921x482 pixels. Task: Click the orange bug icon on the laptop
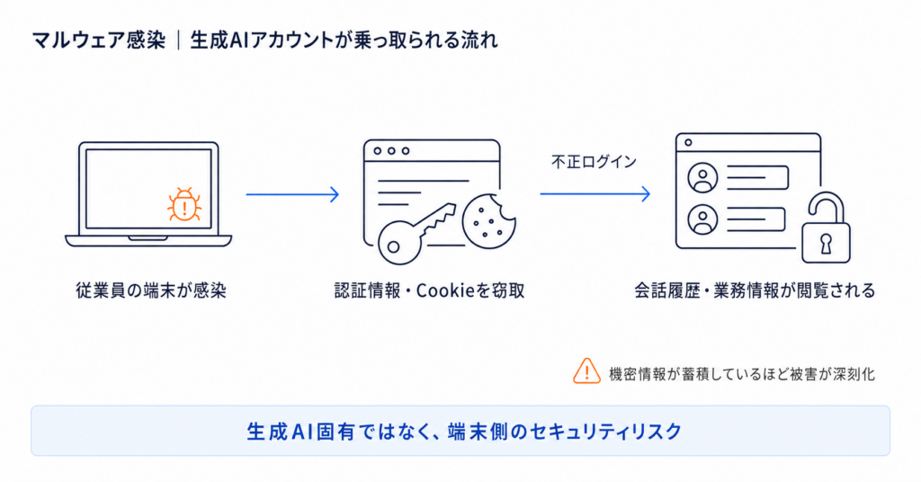[184, 204]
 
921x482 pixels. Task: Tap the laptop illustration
[148, 193]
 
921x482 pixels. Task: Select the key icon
[416, 235]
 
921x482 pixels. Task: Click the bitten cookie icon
[488, 221]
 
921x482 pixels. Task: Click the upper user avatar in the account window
[702, 177]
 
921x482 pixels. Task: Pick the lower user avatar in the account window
[702, 219]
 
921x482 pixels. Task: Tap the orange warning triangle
[586, 371]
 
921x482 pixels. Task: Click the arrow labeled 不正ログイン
[595, 193]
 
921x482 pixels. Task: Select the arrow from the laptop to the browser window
[292, 194]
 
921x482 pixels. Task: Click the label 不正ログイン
[594, 162]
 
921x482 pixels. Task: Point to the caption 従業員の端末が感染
[151, 290]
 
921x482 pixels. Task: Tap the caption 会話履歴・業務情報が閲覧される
[755, 290]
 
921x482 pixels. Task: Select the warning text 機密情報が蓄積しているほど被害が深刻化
[742, 374]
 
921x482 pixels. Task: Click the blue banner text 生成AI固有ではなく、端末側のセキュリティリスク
[464, 432]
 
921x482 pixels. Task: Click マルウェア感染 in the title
[99, 40]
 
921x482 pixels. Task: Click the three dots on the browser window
[391, 151]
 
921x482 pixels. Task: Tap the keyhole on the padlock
[826, 243]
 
